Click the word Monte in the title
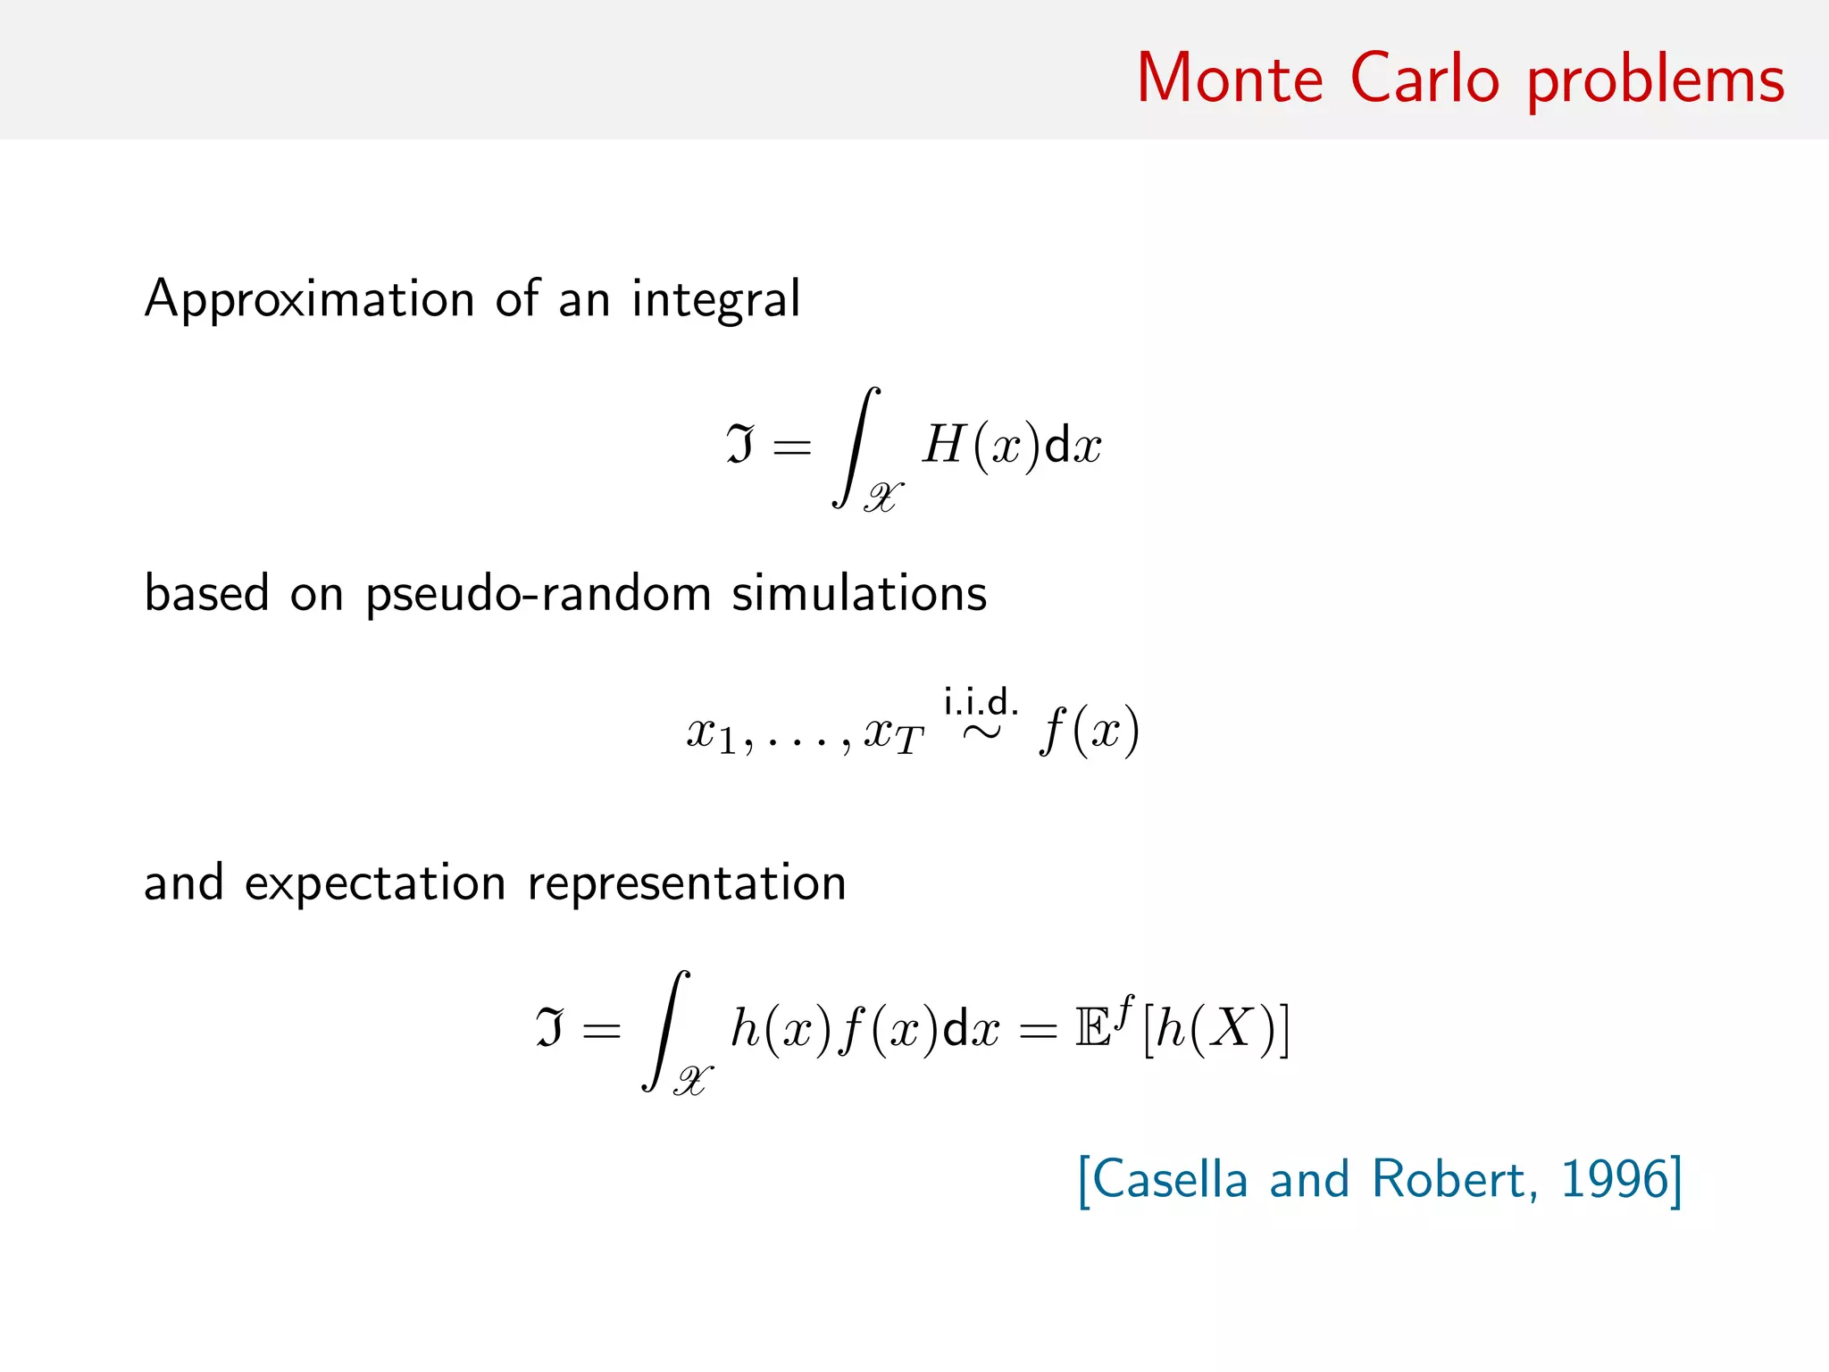coord(1230,79)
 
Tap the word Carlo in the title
coord(1424,79)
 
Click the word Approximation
coord(309,300)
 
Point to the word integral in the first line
coord(716,300)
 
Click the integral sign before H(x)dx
coord(856,447)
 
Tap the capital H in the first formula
coord(945,444)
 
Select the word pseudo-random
coord(538,595)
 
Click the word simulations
coord(859,593)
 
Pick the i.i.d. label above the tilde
coord(981,702)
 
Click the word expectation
coord(375,884)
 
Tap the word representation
coord(687,884)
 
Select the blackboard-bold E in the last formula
coord(1093,1029)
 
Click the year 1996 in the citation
coord(1614,1179)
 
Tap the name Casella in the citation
coord(1170,1179)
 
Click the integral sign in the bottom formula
coord(665,1030)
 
